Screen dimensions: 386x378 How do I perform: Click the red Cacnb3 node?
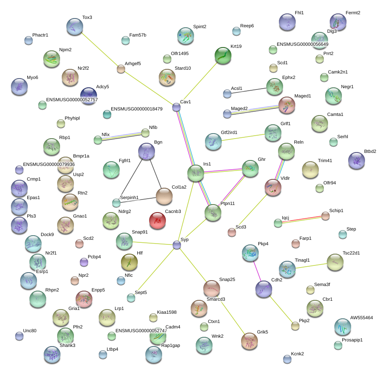pyautogui.click(x=158, y=220)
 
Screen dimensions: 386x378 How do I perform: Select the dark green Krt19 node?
pyautogui.click(x=223, y=55)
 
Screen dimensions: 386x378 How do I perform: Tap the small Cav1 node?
pyautogui.click(x=176, y=107)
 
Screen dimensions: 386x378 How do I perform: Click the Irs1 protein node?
pyautogui.click(x=196, y=173)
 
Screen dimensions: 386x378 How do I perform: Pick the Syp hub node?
pyautogui.click(x=177, y=245)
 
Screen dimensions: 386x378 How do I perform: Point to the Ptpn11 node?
pyautogui.click(x=213, y=213)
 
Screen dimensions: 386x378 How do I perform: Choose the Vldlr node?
pyautogui.click(x=273, y=187)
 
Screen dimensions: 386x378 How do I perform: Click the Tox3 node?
pyautogui.click(x=75, y=26)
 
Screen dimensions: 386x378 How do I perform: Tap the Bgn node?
pyautogui.click(x=147, y=151)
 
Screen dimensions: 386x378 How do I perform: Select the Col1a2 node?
pyautogui.click(x=164, y=196)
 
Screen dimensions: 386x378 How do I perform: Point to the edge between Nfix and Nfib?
pyautogui.click(x=121, y=136)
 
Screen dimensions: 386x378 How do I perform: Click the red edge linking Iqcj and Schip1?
pyautogui.click(x=302, y=219)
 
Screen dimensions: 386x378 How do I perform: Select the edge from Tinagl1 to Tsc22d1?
pyautogui.click(x=311, y=266)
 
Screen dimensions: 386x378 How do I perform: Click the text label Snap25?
pyautogui.click(x=227, y=279)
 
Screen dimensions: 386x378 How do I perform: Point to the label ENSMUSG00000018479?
pyautogui.click(x=137, y=109)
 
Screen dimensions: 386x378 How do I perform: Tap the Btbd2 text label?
pyautogui.click(x=370, y=151)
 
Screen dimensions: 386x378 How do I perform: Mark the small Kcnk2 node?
pyautogui.click(x=287, y=359)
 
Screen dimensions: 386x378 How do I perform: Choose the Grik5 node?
pyautogui.click(x=249, y=341)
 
